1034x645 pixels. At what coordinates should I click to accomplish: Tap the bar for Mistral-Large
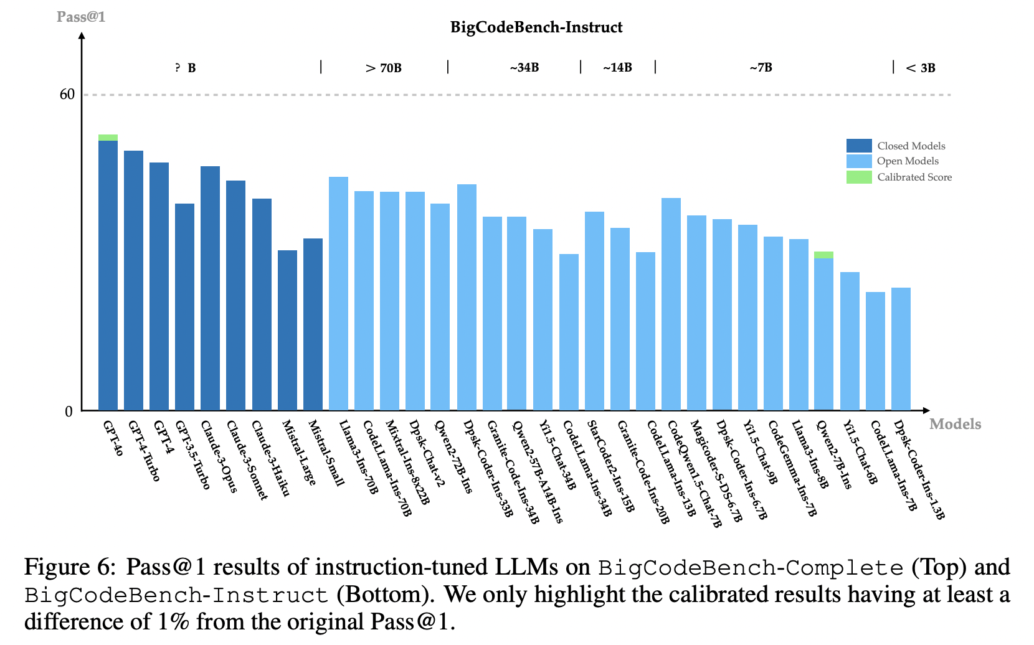(x=287, y=330)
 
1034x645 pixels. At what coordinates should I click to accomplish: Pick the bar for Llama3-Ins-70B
(x=338, y=293)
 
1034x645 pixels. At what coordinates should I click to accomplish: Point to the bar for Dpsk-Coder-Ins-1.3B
(x=901, y=349)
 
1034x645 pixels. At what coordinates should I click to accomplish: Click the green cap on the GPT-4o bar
(x=108, y=138)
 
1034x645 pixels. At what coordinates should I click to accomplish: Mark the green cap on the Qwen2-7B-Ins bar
(x=823, y=255)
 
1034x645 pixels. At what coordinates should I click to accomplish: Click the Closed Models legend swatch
(x=858, y=146)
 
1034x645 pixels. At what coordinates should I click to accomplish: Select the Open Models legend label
(x=908, y=161)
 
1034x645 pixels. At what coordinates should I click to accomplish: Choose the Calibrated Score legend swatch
(x=858, y=177)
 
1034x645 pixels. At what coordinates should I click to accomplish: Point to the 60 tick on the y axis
(x=67, y=95)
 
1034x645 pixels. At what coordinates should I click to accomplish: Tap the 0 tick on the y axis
(x=69, y=412)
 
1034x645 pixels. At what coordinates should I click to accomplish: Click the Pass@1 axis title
(x=81, y=17)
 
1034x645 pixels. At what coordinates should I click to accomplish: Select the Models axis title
(x=955, y=424)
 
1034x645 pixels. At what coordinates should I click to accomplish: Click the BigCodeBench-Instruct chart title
(x=536, y=27)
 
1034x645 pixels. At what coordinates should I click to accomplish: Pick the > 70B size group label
(x=384, y=68)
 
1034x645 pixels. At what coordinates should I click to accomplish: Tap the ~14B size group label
(x=617, y=68)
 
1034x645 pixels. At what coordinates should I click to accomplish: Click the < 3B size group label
(x=921, y=68)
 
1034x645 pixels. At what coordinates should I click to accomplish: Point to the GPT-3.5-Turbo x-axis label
(x=193, y=455)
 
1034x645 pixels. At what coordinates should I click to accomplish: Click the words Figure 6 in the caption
(x=70, y=567)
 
